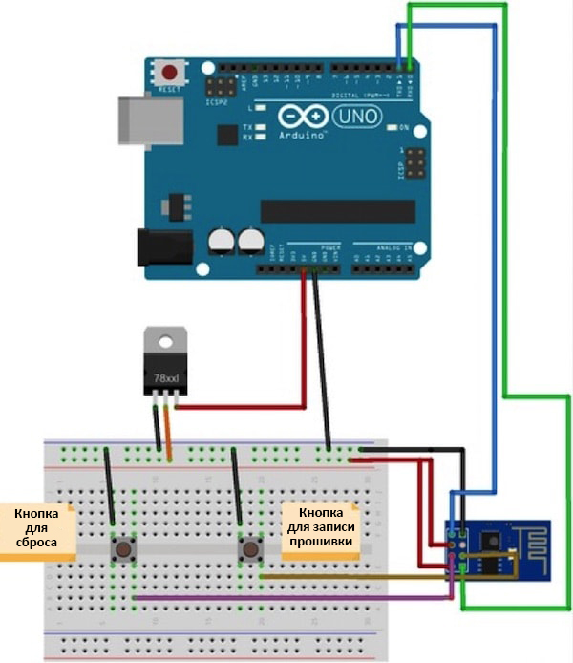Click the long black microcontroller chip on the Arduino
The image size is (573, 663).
coord(337,211)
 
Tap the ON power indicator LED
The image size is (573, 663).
coord(390,127)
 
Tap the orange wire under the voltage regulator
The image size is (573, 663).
coord(169,430)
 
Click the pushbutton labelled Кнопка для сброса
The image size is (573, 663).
coord(123,549)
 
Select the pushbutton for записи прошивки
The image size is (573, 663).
coord(250,549)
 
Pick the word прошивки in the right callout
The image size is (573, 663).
coord(321,542)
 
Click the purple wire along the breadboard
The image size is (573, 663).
coord(286,598)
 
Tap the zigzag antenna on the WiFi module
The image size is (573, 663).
coord(532,547)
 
